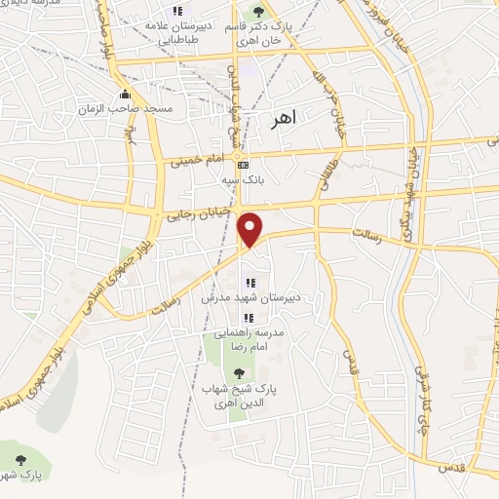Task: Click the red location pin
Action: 251,230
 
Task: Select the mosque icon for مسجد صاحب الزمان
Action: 125,95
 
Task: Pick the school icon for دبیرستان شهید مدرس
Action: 250,283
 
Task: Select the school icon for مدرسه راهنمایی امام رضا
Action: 249,318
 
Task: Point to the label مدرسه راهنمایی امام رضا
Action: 250,338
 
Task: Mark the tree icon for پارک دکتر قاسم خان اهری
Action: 258,12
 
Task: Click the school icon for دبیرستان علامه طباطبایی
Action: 176,11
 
